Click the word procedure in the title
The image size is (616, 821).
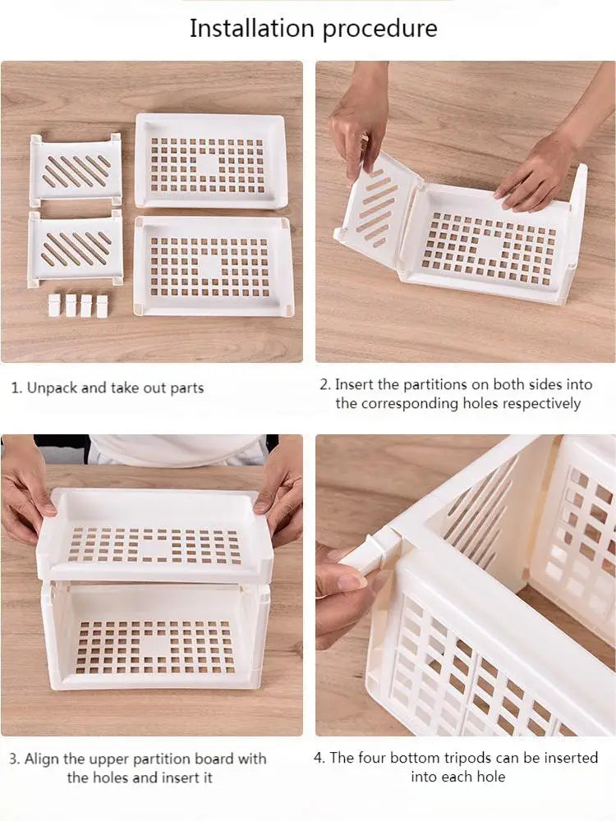[379, 30]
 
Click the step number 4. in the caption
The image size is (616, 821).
[319, 758]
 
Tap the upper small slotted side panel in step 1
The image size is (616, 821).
[76, 170]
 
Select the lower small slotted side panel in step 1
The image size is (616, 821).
[76, 248]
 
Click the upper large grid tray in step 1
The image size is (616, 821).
[209, 160]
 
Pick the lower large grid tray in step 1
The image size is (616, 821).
[211, 265]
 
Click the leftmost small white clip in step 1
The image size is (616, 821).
[54, 305]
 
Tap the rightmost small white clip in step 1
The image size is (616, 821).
[102, 306]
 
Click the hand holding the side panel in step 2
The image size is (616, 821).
[358, 127]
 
